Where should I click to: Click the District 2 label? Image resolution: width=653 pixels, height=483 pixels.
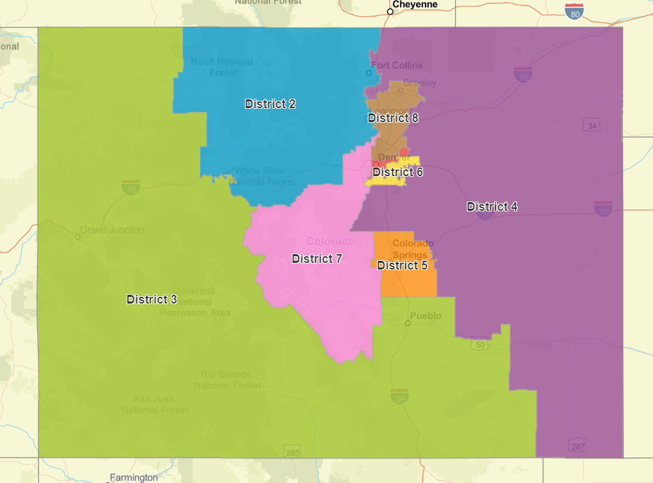click(270, 104)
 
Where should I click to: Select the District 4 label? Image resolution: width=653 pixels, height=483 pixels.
click(492, 207)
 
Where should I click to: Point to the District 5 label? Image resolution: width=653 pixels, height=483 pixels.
click(402, 266)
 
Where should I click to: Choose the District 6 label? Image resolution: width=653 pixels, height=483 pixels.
click(398, 172)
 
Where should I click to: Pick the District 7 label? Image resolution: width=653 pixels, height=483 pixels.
click(317, 259)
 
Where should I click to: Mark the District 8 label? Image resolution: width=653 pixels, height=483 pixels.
click(393, 118)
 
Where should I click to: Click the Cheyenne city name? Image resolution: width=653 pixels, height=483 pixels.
click(414, 5)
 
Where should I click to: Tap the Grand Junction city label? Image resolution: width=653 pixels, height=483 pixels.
click(112, 229)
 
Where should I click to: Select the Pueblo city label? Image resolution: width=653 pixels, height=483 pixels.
click(426, 316)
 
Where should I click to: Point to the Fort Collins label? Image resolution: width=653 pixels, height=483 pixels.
click(397, 65)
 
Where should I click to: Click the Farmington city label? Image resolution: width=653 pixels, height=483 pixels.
click(134, 478)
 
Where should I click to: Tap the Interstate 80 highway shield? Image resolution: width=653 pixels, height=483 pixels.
click(574, 11)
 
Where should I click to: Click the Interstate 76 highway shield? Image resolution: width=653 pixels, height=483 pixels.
click(523, 74)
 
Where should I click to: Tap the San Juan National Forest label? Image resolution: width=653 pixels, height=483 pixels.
click(155, 404)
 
